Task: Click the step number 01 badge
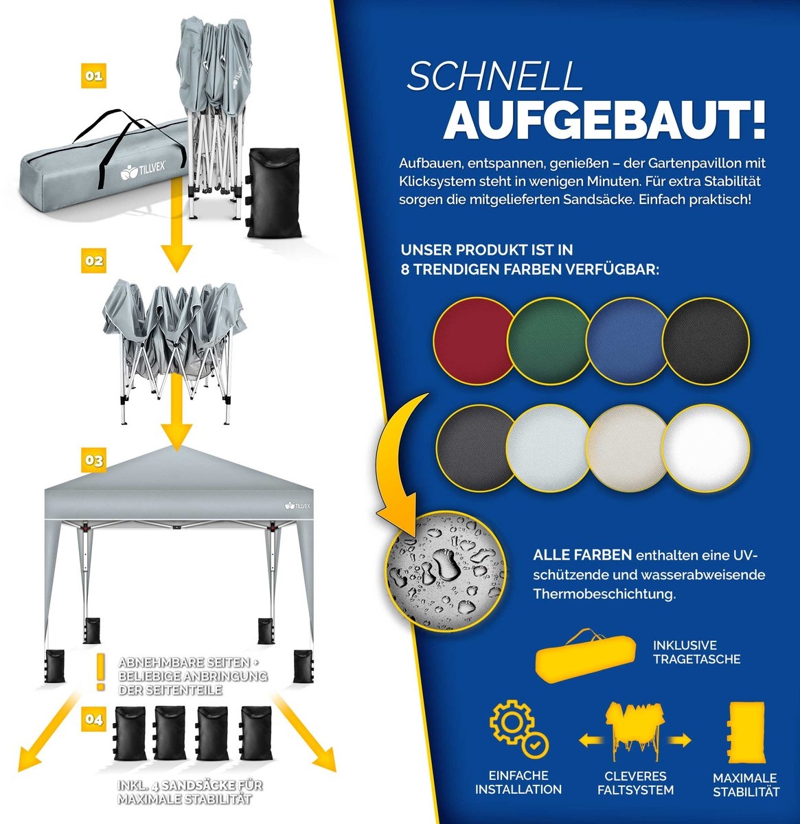[93, 76]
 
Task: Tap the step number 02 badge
[93, 260]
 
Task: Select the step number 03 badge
[93, 460]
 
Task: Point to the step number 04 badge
[93, 719]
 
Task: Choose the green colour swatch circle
[549, 341]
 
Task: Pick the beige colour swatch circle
[628, 448]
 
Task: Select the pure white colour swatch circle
[705, 448]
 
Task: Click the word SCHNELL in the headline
[494, 76]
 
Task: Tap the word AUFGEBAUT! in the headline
[605, 120]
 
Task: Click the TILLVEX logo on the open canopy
[297, 505]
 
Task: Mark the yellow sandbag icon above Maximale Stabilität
[746, 733]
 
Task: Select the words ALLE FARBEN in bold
[582, 555]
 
